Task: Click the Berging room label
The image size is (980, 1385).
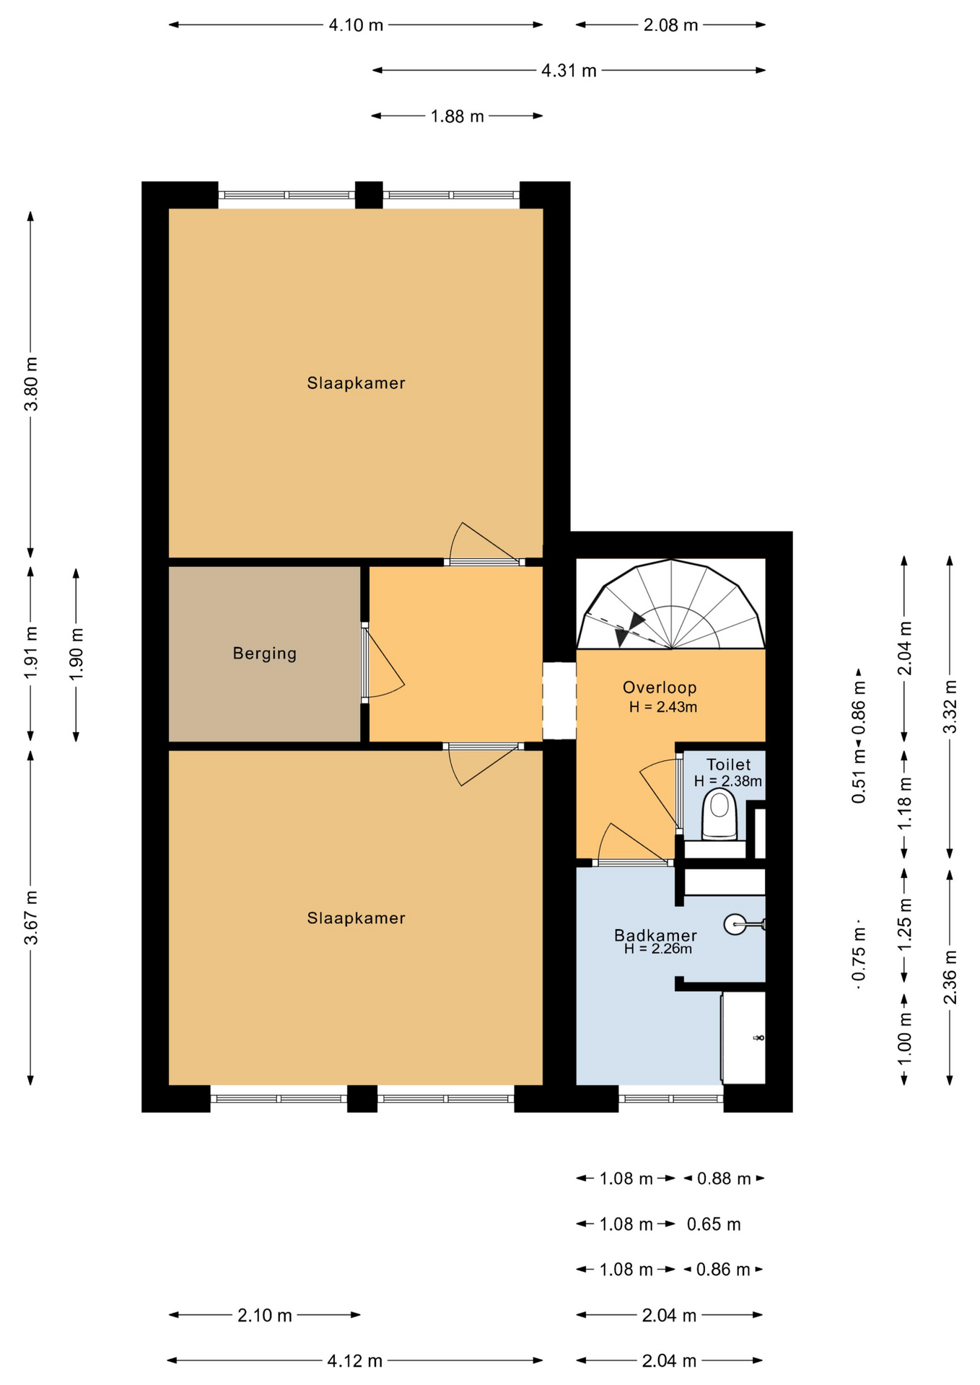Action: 264,654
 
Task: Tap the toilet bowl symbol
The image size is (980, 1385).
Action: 719,814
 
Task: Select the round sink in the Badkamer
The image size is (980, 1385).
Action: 735,924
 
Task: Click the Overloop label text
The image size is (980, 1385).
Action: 660,687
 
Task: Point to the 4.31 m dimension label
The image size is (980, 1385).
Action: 569,71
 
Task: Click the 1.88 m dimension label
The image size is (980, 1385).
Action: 457,116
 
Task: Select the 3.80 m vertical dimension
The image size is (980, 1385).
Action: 31,384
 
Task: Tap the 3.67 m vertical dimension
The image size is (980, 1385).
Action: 31,918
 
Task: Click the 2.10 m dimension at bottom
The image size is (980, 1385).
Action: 265,1315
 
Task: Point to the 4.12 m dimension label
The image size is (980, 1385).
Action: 354,1360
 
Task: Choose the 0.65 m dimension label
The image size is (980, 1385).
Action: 713,1224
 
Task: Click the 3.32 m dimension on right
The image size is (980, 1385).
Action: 950,707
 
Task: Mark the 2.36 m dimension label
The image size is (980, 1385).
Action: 950,977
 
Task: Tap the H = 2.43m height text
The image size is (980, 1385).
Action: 662,707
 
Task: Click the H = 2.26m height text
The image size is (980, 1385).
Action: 657,949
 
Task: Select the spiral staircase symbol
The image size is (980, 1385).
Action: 671,606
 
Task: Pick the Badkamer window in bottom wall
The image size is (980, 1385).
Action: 671,1099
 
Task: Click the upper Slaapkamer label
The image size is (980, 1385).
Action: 356,383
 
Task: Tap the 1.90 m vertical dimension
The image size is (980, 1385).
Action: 76,654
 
